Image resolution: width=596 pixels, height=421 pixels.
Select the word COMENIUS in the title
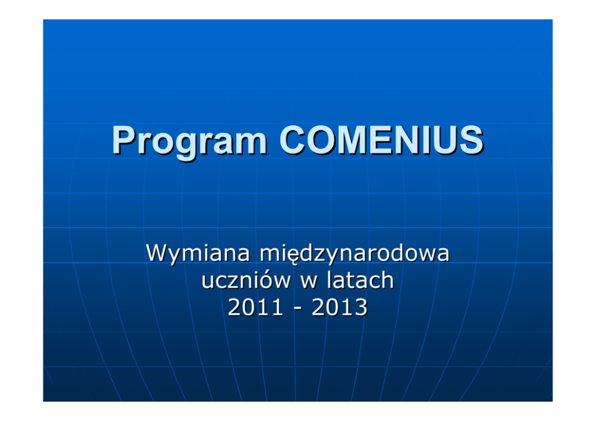pos(382,140)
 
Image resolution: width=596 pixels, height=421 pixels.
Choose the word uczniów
pos(246,280)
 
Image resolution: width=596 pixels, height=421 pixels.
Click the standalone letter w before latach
pos(309,282)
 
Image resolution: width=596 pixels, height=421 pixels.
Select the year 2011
pos(255,307)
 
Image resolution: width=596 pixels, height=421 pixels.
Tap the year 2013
pos(339,307)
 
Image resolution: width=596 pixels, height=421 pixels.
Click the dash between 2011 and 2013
pos(297,309)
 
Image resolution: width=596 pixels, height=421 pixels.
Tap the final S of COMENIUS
pos(471,140)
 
